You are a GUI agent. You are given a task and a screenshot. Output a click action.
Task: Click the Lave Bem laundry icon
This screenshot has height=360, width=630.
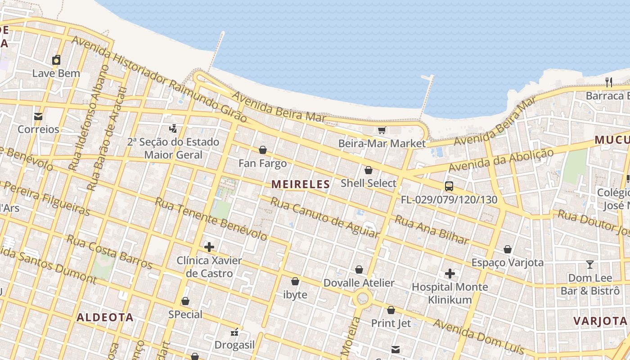[56, 60]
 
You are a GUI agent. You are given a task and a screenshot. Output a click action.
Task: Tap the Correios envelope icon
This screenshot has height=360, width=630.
[38, 116]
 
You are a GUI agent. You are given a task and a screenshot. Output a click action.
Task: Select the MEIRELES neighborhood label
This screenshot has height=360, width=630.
[301, 184]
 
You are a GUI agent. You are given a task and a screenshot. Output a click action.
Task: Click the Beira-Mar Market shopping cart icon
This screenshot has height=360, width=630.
[382, 130]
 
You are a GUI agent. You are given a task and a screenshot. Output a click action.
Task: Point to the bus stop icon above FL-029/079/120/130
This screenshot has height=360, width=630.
[449, 186]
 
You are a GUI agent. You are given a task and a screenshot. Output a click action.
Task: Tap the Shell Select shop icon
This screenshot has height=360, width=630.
[368, 170]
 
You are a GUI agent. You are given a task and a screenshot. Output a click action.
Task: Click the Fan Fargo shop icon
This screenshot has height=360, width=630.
[263, 150]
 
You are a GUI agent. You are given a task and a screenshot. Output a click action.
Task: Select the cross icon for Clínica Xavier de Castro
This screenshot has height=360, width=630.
[209, 247]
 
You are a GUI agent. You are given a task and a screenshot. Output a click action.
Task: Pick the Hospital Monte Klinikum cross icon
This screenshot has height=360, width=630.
[450, 274]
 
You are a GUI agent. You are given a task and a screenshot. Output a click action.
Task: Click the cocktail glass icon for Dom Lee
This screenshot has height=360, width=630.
[589, 265]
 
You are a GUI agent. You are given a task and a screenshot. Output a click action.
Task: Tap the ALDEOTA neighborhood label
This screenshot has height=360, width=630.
[105, 317]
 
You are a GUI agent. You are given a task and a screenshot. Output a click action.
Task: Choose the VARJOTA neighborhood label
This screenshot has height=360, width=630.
[600, 321]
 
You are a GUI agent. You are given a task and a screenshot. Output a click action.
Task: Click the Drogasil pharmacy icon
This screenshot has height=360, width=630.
[234, 333]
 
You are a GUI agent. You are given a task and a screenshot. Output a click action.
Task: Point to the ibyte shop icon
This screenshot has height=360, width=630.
[295, 281]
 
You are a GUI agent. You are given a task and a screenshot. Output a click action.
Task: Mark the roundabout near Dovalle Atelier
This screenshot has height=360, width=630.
[363, 298]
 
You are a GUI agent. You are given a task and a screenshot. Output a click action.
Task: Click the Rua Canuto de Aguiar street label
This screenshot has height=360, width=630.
[324, 217]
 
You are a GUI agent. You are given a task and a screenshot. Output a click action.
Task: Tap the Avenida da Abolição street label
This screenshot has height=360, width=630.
[501, 161]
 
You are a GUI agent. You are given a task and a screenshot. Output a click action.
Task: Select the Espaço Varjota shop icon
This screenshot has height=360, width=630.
[508, 249]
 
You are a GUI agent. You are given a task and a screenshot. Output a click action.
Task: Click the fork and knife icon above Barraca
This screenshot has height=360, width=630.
[609, 82]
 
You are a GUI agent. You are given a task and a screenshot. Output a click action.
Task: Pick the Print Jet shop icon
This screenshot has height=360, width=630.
[391, 310]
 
